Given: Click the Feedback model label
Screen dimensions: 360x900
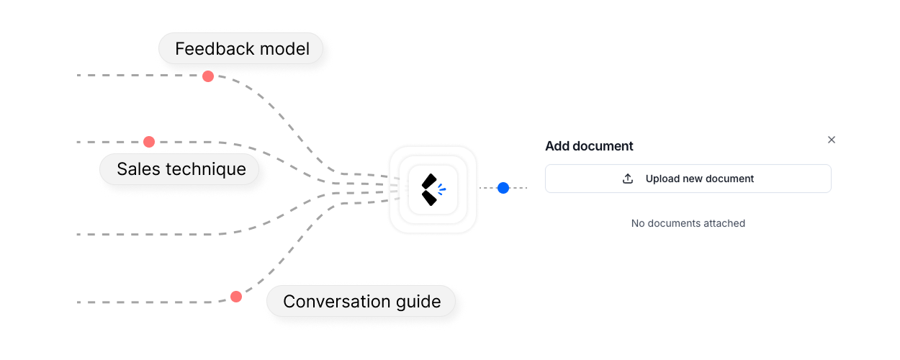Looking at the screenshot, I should [242, 49].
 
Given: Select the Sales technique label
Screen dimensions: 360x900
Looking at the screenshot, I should [181, 169].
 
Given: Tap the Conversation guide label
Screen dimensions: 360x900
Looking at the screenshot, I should [361, 301].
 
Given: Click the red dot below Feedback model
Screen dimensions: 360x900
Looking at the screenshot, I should [208, 76].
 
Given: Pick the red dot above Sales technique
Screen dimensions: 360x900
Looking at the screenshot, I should [149, 142].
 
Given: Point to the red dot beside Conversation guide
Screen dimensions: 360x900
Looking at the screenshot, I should [236, 297].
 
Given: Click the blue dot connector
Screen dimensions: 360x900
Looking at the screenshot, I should [503, 188].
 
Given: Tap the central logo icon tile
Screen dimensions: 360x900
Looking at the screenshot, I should [433, 189].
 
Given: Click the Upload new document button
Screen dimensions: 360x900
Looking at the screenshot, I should [688, 179].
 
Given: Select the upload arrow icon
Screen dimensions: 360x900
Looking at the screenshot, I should [628, 179].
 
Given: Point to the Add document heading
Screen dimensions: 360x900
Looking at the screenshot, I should [589, 146].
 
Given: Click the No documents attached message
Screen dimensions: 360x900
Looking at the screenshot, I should [688, 223].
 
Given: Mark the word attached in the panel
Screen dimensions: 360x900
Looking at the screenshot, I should [724, 223].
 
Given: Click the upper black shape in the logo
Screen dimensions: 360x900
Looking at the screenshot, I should [429, 181].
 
